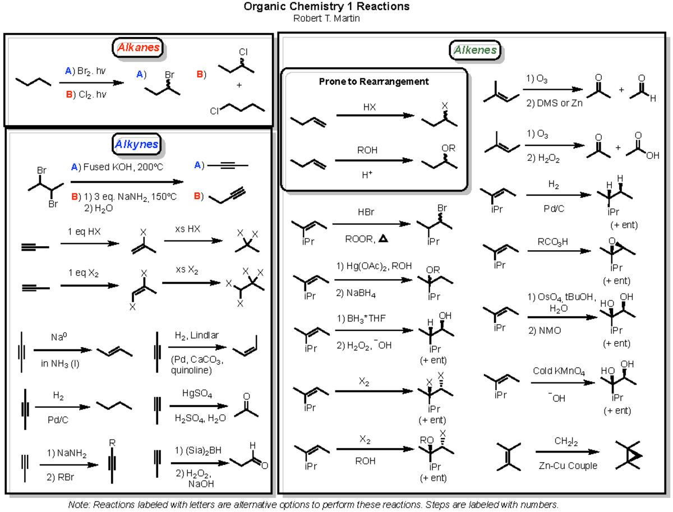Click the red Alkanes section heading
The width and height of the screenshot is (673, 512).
138,48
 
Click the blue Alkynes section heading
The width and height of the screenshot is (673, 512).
136,145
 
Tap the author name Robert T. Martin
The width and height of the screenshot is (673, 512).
326,18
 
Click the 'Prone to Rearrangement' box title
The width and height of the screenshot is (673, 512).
374,81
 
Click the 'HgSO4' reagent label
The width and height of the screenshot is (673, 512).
196,395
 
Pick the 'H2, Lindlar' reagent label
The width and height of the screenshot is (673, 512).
196,335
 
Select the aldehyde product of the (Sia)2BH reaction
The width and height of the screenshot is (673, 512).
247,459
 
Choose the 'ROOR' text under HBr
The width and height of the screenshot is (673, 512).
358,239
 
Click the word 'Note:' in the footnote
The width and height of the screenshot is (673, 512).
79,504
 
